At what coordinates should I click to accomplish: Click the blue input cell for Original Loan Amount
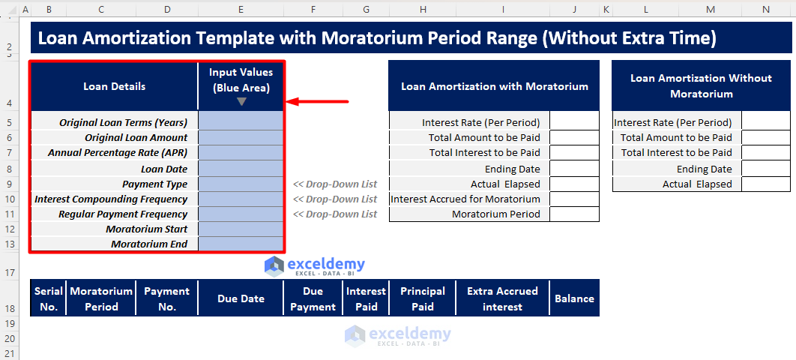(x=241, y=137)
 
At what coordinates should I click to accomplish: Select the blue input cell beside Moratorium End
(x=241, y=244)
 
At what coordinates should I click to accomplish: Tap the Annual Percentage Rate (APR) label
(x=118, y=153)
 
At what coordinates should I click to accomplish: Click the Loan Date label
(x=164, y=169)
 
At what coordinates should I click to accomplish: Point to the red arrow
(x=317, y=101)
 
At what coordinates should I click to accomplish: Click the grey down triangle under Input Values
(x=241, y=101)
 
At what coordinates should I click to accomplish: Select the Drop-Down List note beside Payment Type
(x=335, y=184)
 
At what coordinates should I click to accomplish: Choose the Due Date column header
(x=241, y=298)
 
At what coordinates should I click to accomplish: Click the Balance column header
(x=575, y=298)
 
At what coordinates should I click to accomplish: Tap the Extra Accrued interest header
(x=503, y=298)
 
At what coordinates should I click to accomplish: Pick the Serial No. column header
(x=49, y=298)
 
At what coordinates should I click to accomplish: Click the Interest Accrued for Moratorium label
(x=465, y=199)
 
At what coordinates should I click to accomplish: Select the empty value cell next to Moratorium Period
(x=575, y=214)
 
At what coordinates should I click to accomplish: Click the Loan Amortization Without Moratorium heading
(x=701, y=85)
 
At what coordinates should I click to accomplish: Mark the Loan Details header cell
(x=114, y=86)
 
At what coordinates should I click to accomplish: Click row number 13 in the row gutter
(x=10, y=244)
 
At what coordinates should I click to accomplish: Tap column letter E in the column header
(x=241, y=10)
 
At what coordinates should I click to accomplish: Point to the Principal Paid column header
(x=423, y=298)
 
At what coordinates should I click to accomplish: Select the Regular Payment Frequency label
(x=123, y=214)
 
